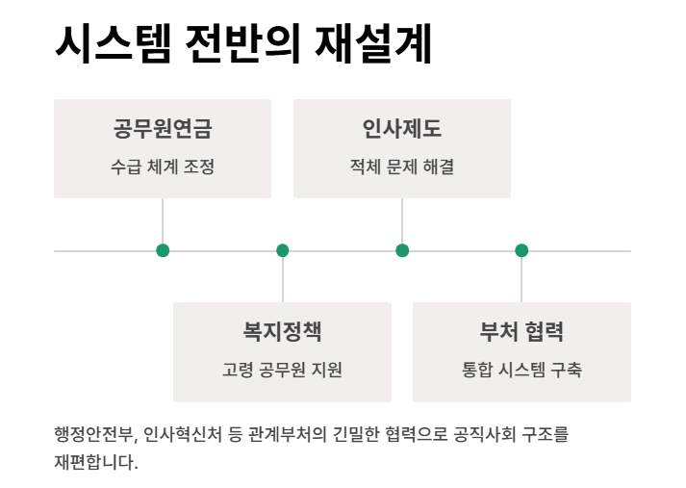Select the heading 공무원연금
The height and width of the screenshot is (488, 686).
(x=162, y=129)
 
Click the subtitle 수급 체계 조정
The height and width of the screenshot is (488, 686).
(x=162, y=167)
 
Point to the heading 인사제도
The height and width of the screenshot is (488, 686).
(x=401, y=129)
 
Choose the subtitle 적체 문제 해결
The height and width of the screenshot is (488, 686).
(x=401, y=167)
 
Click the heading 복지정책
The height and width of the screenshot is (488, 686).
(x=282, y=332)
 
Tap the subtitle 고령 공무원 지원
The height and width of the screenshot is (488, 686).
(x=282, y=370)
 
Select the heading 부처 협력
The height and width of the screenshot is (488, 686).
(x=521, y=332)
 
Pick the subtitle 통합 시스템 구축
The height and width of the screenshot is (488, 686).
(x=521, y=370)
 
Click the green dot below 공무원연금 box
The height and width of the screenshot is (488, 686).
(x=163, y=250)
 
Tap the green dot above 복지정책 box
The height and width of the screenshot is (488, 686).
(x=283, y=250)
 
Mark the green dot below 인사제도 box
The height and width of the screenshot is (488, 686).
(x=402, y=250)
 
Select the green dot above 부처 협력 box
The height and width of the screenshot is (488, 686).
(x=521, y=250)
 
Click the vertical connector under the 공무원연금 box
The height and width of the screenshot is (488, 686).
(x=163, y=220)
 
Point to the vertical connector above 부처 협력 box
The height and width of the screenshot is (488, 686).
(x=521, y=280)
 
